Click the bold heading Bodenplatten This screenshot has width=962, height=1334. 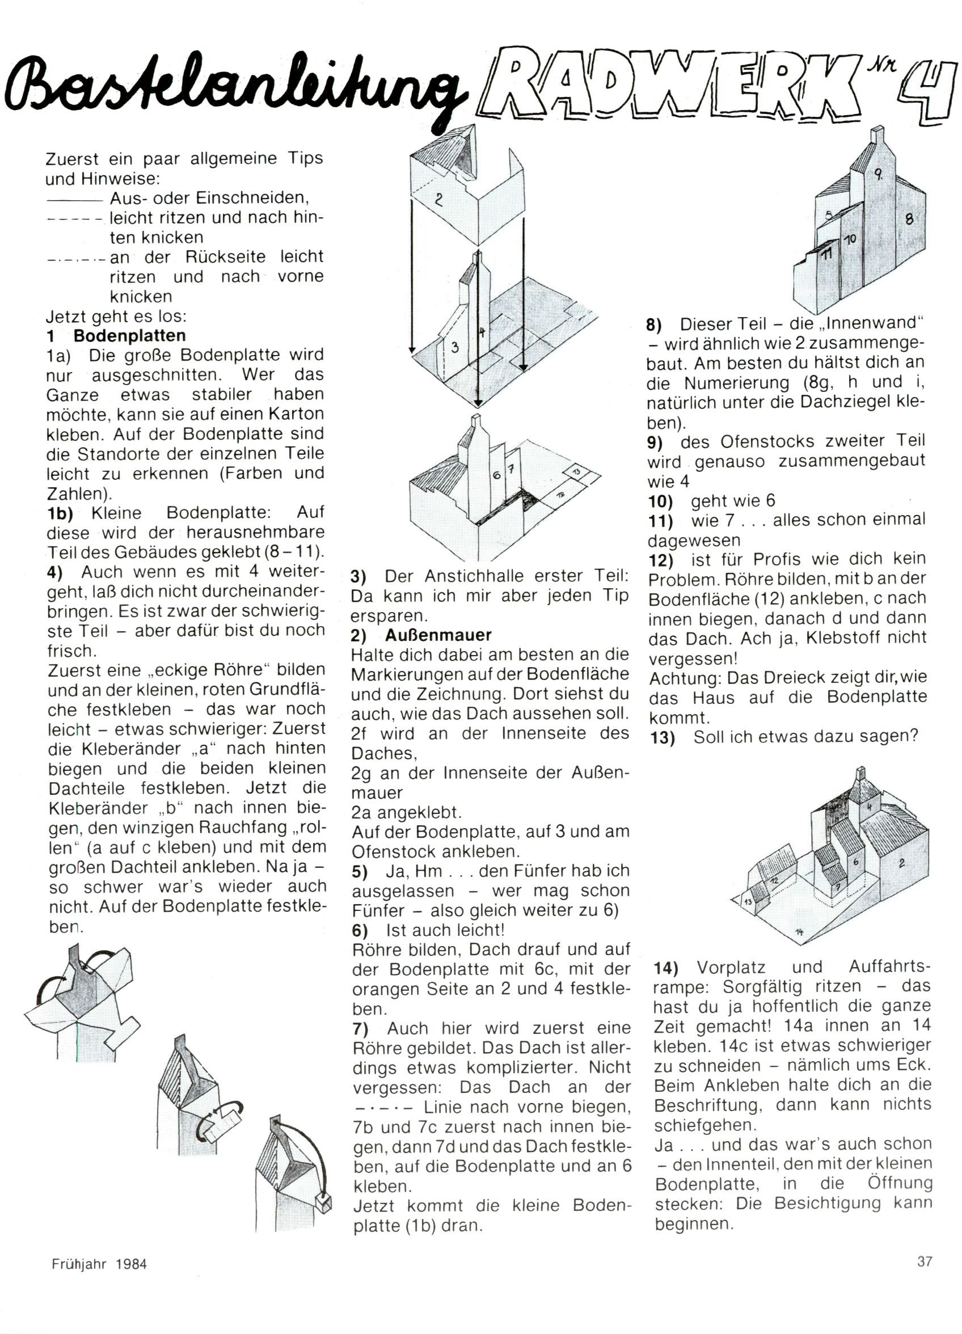tap(129, 336)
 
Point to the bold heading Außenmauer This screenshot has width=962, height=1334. tap(438, 635)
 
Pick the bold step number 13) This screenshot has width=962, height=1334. tap(663, 737)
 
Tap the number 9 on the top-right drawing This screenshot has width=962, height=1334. tap(877, 174)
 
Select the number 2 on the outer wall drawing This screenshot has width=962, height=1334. tap(438, 200)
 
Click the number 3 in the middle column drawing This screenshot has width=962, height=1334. tap(454, 347)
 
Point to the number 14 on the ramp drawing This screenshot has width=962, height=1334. tap(799, 931)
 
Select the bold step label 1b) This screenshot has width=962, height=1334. tap(60, 513)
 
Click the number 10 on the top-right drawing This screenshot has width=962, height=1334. tap(850, 239)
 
